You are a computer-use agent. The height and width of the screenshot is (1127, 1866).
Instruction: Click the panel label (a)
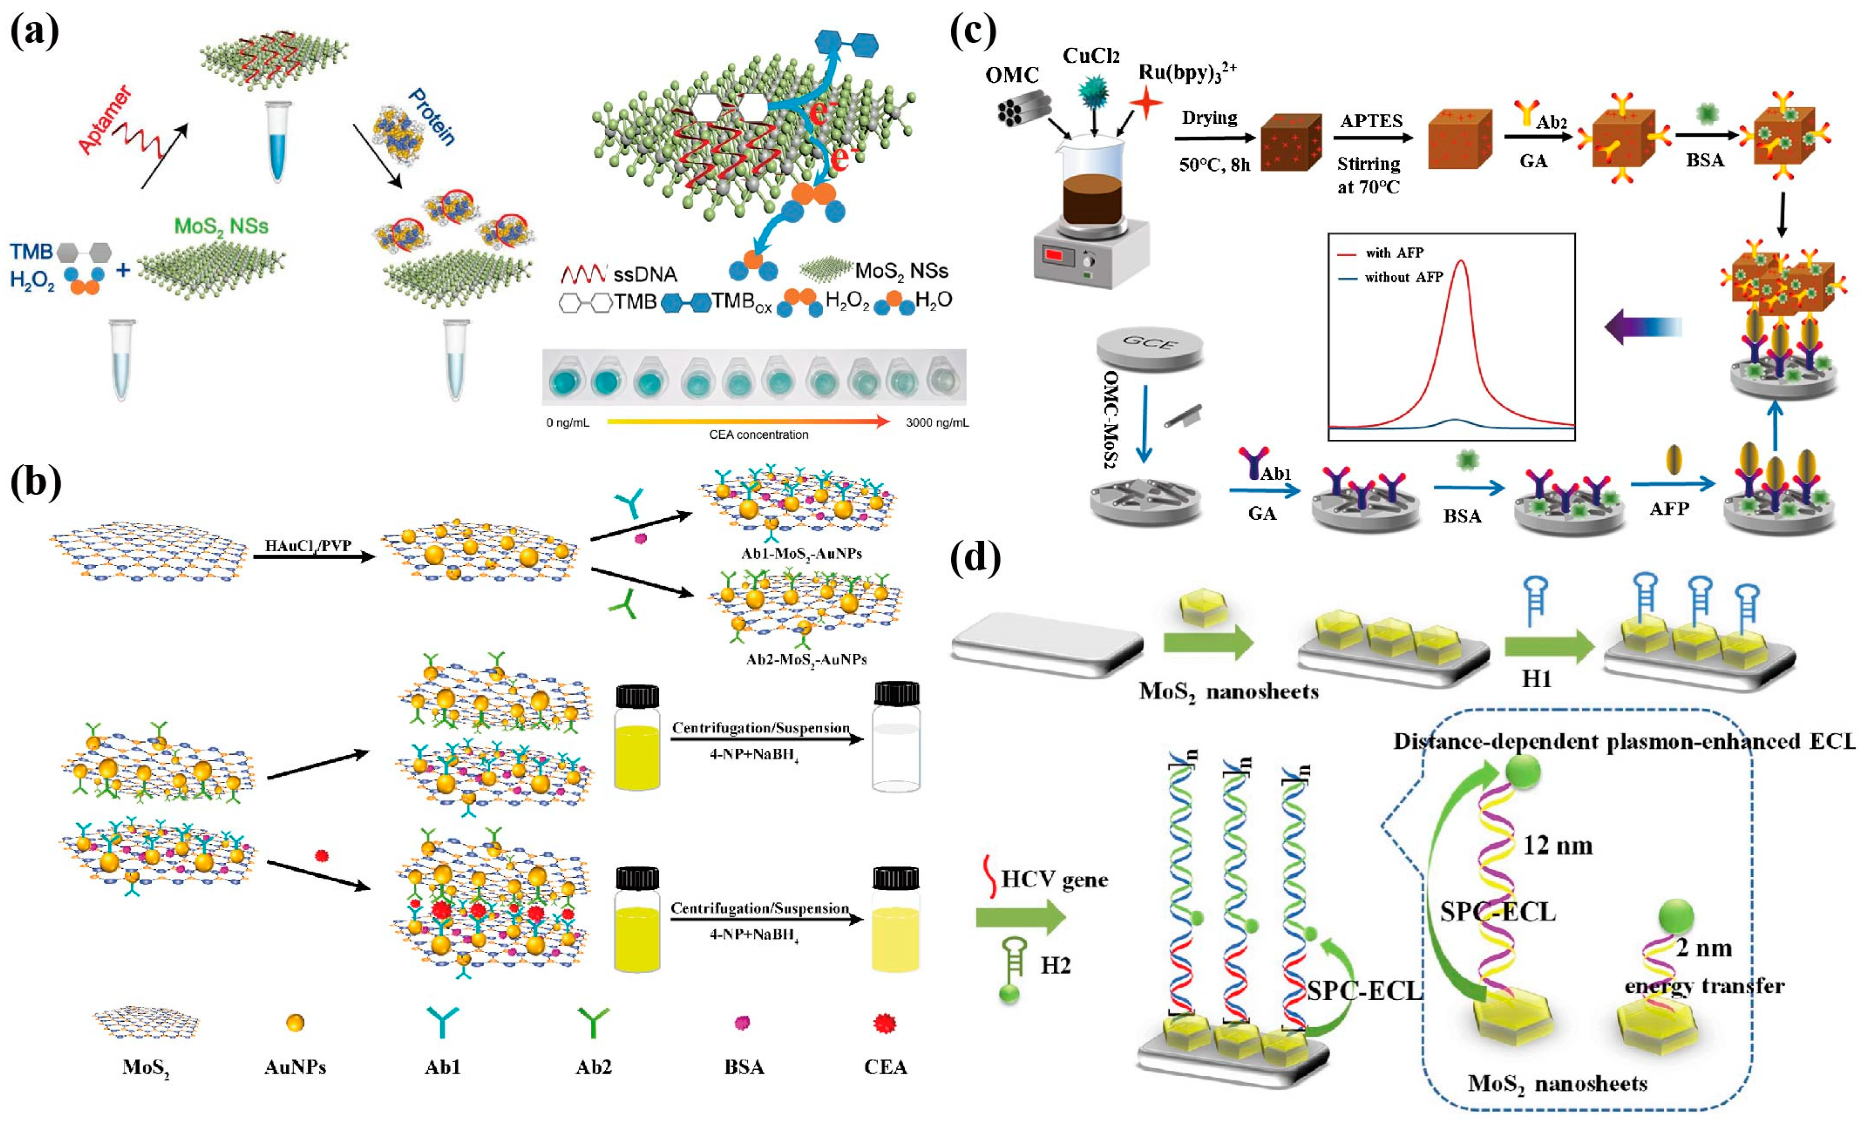pyautogui.click(x=34, y=32)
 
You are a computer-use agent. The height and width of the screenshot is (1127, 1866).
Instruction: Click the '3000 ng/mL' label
pyautogui.click(x=937, y=423)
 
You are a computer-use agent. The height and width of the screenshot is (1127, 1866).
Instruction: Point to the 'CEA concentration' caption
pyautogui.click(x=758, y=435)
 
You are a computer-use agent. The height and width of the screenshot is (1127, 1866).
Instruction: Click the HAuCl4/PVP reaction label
pyautogui.click(x=308, y=545)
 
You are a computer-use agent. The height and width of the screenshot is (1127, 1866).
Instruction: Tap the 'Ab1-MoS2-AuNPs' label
pyautogui.click(x=801, y=553)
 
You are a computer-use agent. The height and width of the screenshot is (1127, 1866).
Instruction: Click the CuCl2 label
pyautogui.click(x=1090, y=56)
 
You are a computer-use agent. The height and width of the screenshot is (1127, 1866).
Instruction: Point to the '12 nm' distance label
pyautogui.click(x=1557, y=845)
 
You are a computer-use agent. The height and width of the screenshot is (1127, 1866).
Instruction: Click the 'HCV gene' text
pyautogui.click(x=1053, y=879)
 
